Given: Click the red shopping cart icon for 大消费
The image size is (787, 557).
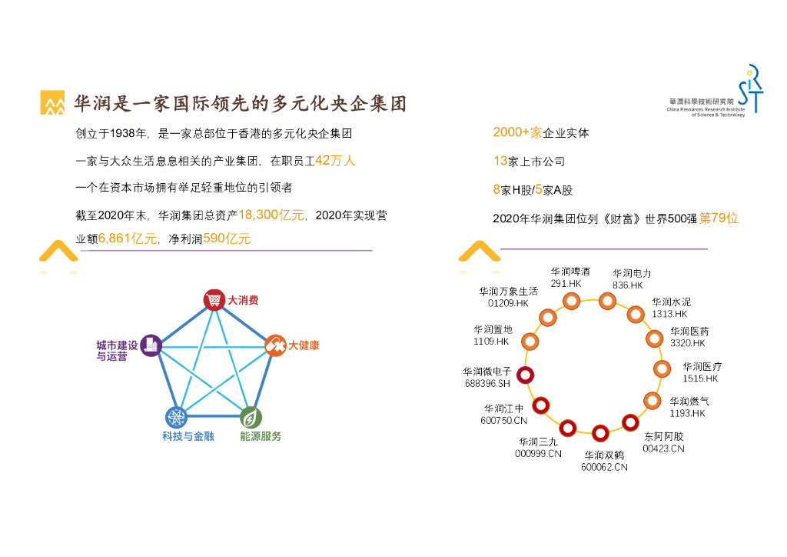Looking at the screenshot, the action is click(x=214, y=300).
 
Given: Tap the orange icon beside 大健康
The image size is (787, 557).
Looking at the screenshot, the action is click(x=275, y=346).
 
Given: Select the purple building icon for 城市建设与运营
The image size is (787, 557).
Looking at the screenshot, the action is click(x=151, y=345).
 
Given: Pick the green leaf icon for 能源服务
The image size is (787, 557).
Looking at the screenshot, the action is click(x=250, y=418).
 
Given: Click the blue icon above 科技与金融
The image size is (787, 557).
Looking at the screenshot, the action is click(x=176, y=418).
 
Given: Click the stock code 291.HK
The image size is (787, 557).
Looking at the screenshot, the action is click(x=566, y=284).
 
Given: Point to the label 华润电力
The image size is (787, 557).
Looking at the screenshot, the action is click(x=632, y=273).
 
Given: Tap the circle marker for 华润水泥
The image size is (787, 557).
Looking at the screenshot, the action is click(x=636, y=314).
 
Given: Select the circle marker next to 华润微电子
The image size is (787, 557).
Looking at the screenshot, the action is click(x=525, y=375).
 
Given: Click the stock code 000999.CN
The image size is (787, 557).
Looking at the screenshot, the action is click(x=538, y=453).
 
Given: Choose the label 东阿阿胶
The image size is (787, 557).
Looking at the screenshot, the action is click(x=663, y=437).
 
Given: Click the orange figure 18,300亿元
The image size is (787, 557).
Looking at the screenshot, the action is click(x=272, y=215).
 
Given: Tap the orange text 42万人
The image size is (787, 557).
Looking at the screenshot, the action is click(x=335, y=161).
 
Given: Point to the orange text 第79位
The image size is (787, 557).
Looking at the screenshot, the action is click(x=719, y=218).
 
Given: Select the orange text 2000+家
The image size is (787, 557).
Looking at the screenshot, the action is click(x=517, y=132).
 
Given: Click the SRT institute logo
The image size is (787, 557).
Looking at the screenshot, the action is click(x=749, y=92).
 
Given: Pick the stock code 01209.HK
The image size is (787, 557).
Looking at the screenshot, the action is click(x=509, y=303).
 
